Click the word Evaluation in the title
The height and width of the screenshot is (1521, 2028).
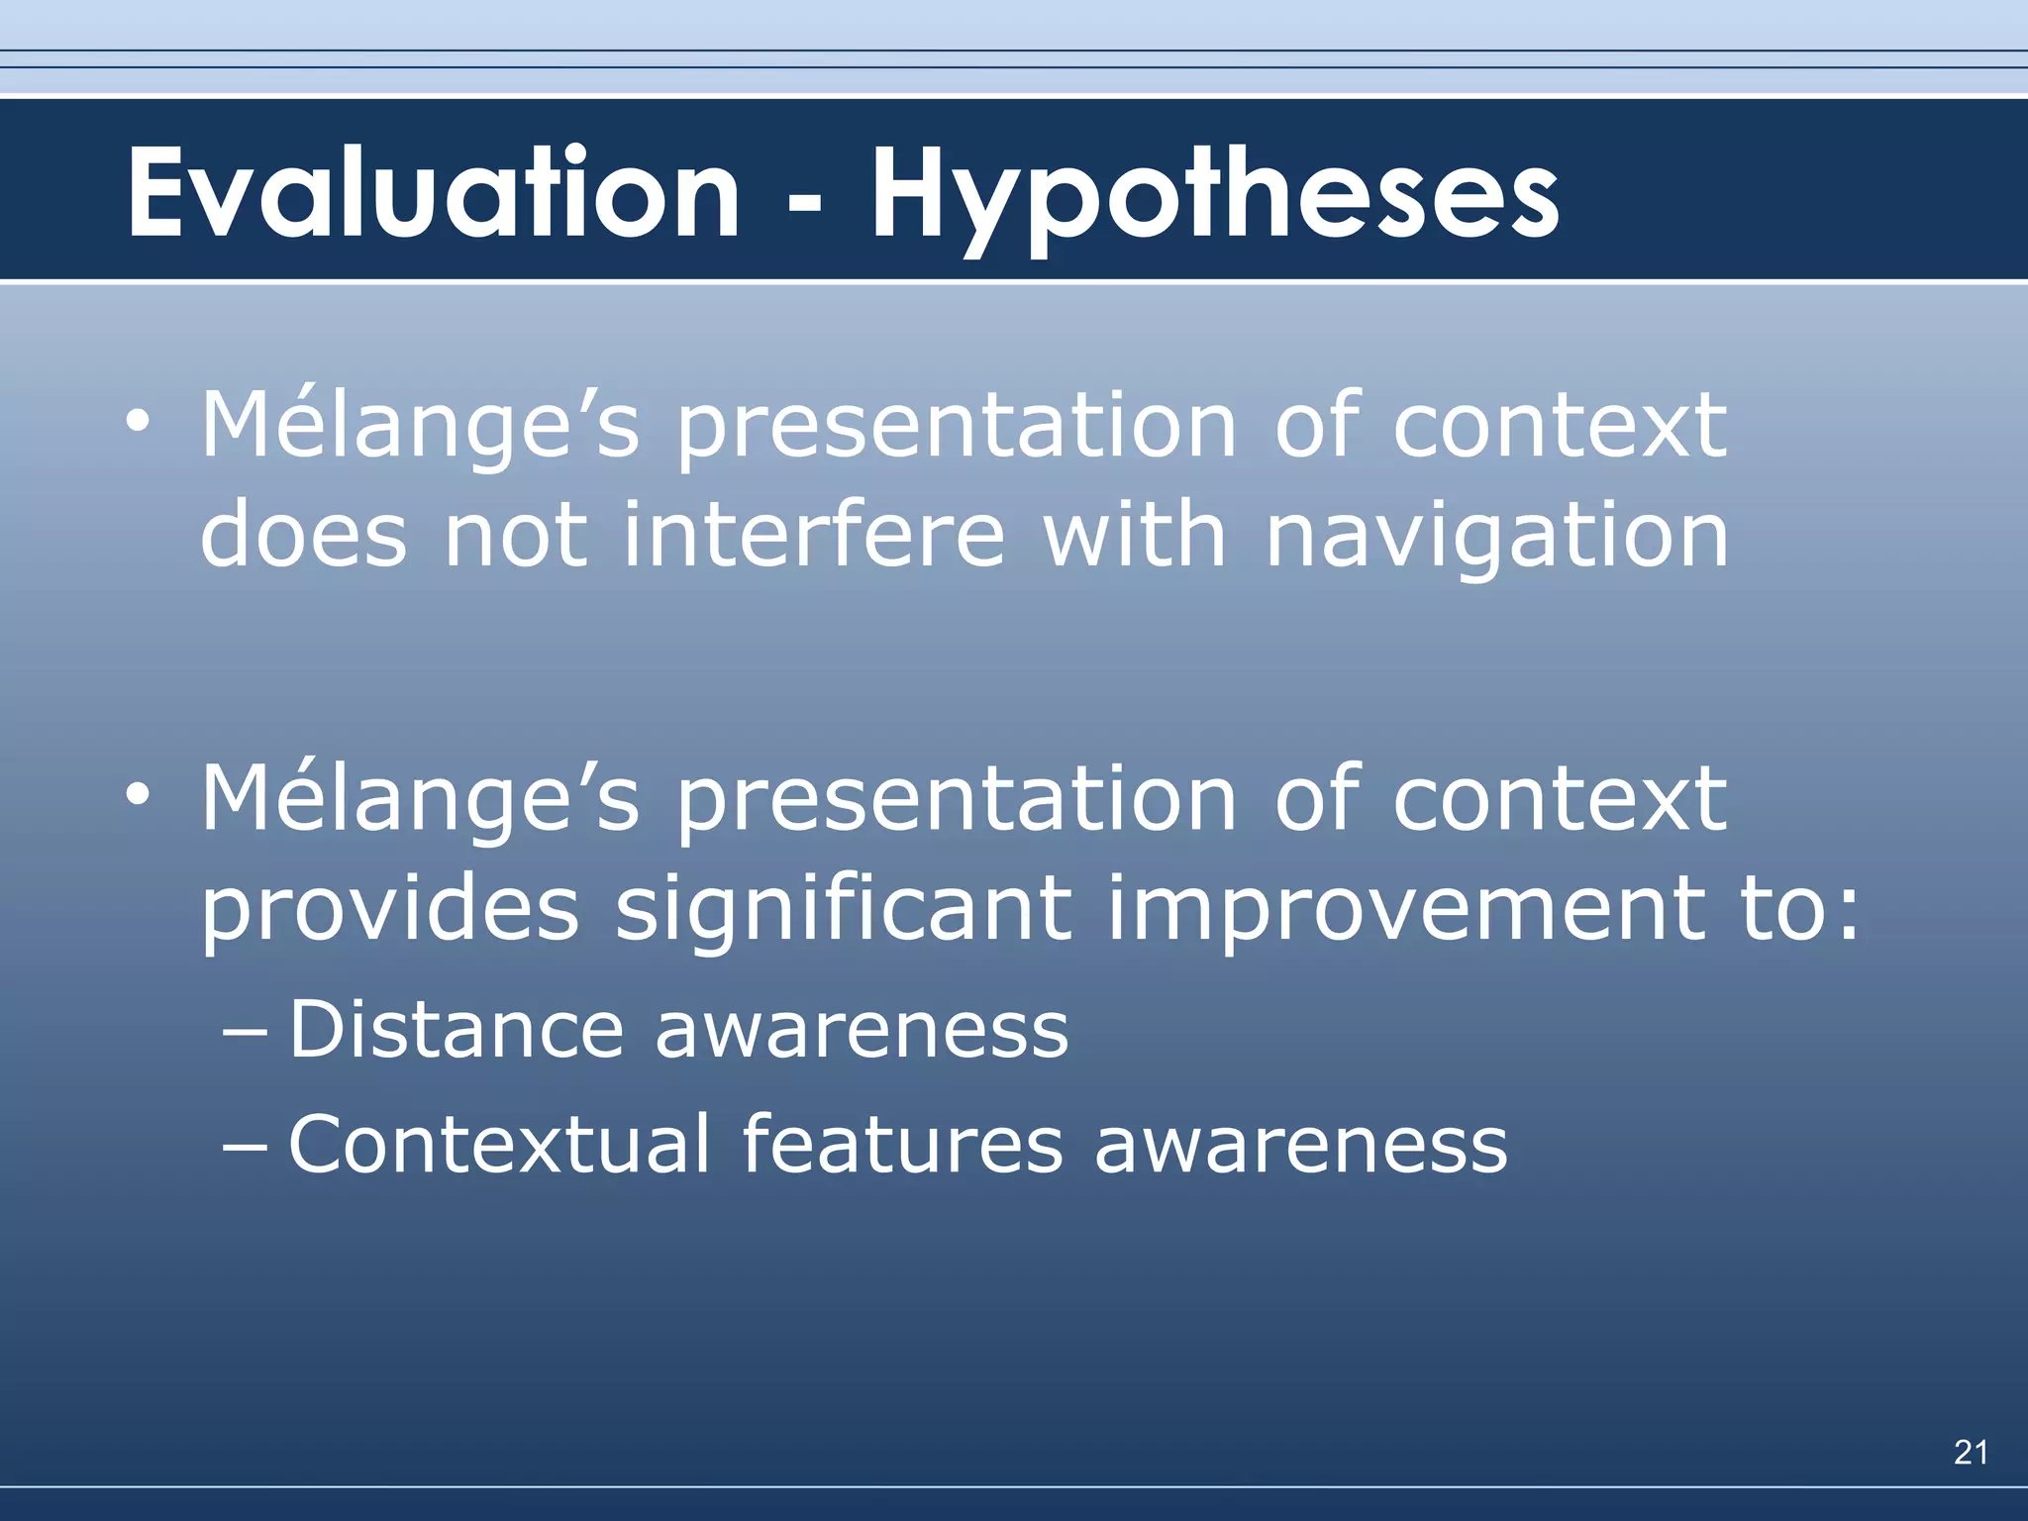(433, 193)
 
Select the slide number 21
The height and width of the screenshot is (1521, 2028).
(1971, 1453)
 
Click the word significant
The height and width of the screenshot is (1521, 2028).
(843, 909)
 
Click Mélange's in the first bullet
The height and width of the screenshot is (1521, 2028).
(420, 427)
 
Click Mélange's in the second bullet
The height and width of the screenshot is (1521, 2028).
(420, 800)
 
